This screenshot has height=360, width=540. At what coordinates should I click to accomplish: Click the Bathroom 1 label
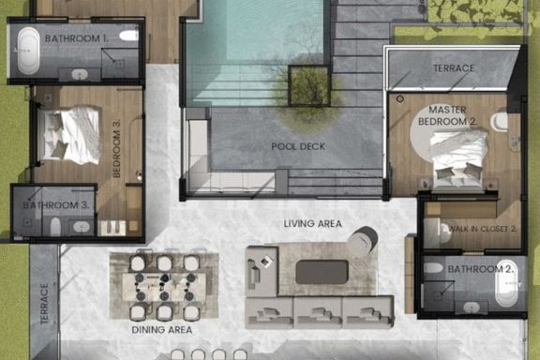click(77, 38)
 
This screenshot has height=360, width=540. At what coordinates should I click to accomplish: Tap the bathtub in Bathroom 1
click(28, 51)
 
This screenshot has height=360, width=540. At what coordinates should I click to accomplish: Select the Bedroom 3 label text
click(117, 148)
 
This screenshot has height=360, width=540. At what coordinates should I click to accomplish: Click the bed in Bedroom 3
click(69, 135)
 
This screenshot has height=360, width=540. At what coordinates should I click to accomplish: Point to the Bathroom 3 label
click(56, 205)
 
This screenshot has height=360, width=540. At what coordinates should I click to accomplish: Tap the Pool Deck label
click(298, 146)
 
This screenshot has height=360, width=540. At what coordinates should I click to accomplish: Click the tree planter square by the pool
click(309, 85)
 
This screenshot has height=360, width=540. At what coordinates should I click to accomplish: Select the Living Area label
click(313, 223)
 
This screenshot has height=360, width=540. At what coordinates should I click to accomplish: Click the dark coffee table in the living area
click(322, 272)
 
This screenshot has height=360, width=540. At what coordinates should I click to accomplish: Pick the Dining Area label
click(162, 330)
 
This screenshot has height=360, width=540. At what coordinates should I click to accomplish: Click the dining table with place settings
click(165, 287)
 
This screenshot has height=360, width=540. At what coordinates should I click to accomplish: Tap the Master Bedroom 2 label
click(447, 115)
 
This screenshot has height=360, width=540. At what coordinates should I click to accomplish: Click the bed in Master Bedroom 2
click(458, 159)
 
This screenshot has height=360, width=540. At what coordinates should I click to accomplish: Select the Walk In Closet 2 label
click(483, 229)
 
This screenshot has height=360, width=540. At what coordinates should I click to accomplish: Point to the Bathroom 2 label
click(481, 269)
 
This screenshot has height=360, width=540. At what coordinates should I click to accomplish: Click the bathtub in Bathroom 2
click(506, 283)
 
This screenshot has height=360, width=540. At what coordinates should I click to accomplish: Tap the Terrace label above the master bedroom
click(454, 68)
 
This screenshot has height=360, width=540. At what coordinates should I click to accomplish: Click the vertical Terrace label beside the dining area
click(44, 304)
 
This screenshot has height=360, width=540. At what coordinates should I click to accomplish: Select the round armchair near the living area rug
click(364, 239)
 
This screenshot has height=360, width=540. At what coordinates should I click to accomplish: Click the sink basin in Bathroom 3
click(82, 227)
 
